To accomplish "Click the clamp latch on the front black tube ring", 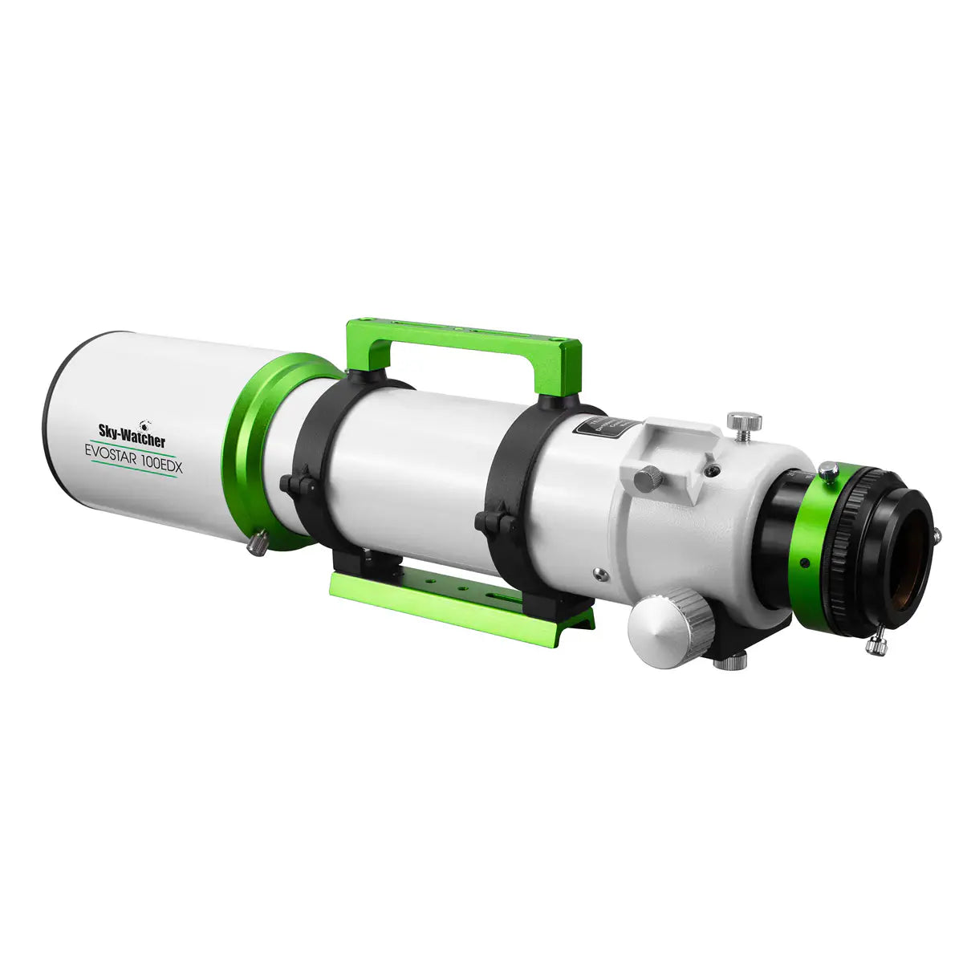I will [x=294, y=486].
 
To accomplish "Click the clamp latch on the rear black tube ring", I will [x=490, y=522].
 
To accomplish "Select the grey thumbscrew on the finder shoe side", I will [x=644, y=480].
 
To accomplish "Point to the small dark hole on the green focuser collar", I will [x=797, y=561].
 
